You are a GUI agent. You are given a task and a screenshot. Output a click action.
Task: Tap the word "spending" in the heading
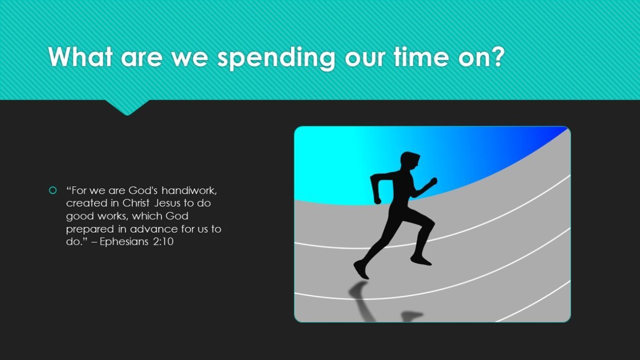[276, 58]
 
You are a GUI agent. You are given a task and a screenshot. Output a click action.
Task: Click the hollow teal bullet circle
[53, 190]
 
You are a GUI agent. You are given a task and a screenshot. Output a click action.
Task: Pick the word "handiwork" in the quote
[188, 190]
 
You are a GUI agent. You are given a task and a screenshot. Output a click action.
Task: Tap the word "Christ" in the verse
[136, 203]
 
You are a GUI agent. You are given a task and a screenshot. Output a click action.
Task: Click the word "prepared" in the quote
[90, 230]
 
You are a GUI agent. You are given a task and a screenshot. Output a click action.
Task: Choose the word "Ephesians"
[124, 242]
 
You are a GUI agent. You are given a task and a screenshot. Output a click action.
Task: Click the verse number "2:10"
[164, 242]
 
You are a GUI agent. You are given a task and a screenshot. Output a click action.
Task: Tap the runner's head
[410, 161]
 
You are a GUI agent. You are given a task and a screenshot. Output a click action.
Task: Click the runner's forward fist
[433, 181]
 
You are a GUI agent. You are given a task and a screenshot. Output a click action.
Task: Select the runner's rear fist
[377, 200]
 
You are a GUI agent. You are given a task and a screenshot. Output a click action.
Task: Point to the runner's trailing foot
[361, 270]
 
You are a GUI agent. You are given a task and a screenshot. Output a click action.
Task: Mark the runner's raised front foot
[421, 260]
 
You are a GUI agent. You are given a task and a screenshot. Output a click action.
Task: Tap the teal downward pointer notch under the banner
[127, 108]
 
